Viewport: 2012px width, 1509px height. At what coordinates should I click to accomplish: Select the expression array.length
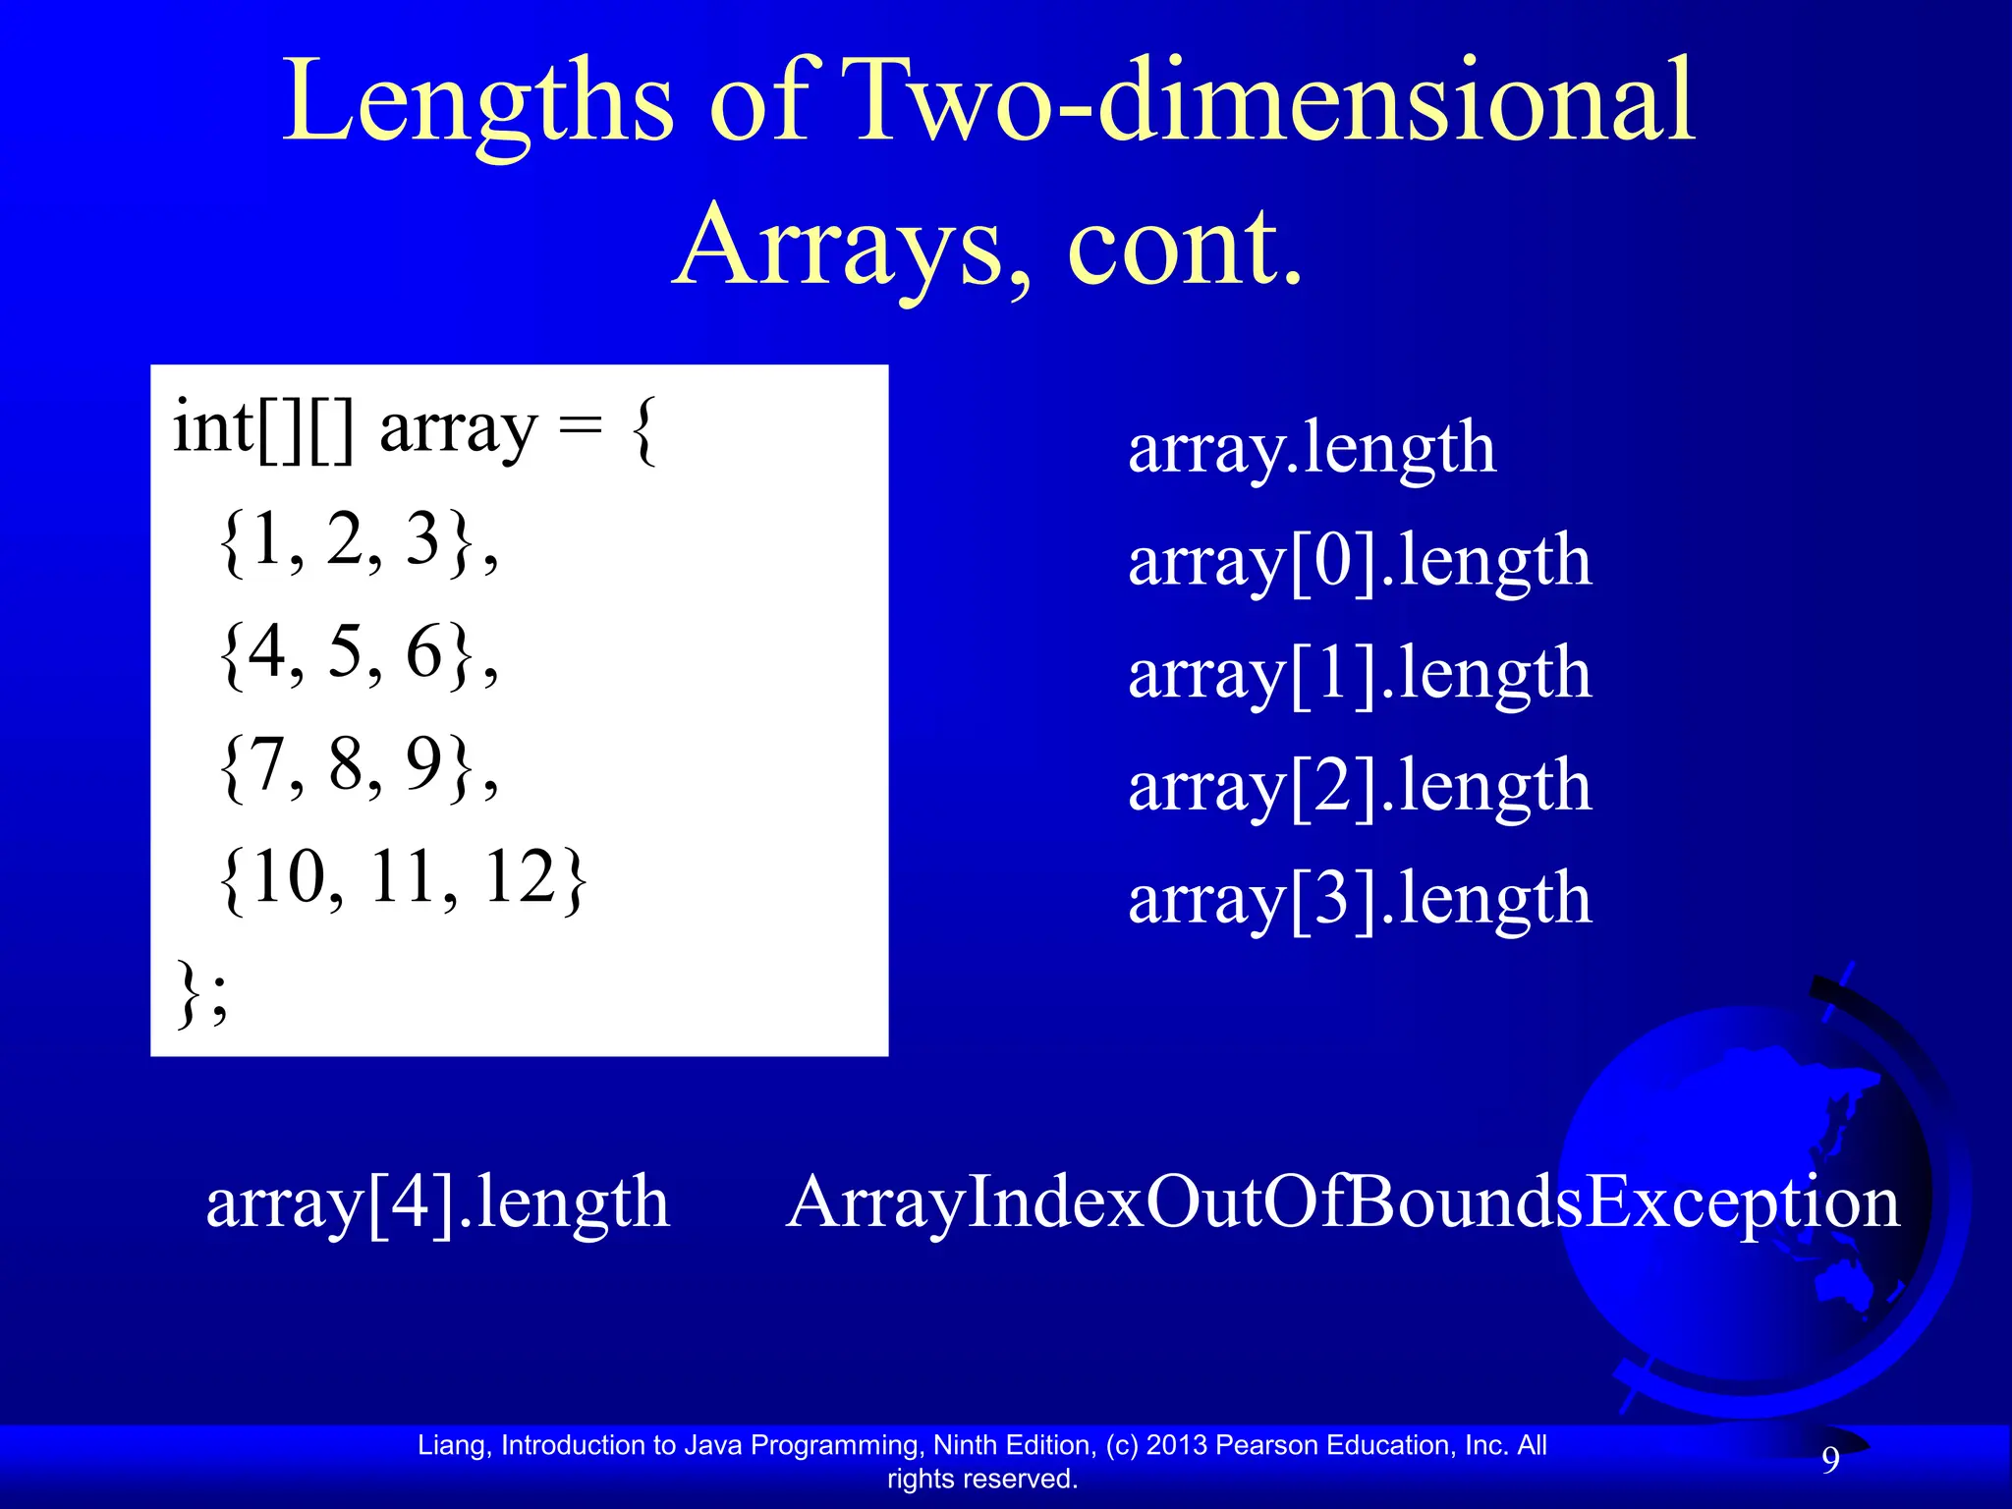[x=1312, y=449]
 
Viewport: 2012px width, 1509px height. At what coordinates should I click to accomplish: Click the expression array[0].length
[x=1360, y=562]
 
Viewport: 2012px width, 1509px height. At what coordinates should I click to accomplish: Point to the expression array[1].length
[x=1360, y=674]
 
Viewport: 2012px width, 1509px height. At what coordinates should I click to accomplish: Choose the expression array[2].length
[x=1360, y=786]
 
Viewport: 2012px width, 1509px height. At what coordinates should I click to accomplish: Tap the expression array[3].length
[x=1360, y=899]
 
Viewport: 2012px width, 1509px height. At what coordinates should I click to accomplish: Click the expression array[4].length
[x=438, y=1202]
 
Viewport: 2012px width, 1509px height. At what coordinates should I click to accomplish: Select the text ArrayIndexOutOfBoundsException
[x=1343, y=1202]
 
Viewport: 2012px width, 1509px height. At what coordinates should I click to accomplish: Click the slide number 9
[x=1830, y=1461]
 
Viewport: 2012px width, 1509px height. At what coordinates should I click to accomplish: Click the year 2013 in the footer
[x=1177, y=1445]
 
